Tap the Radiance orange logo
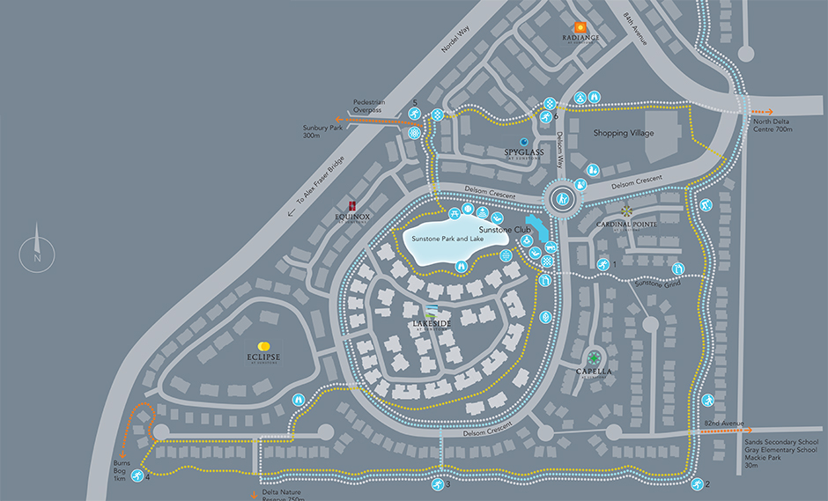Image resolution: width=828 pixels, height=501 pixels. coord(580,28)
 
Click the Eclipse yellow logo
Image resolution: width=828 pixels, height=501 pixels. coord(262,346)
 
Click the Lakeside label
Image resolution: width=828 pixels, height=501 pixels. coord(432,323)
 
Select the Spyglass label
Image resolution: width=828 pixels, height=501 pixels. coord(524,152)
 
